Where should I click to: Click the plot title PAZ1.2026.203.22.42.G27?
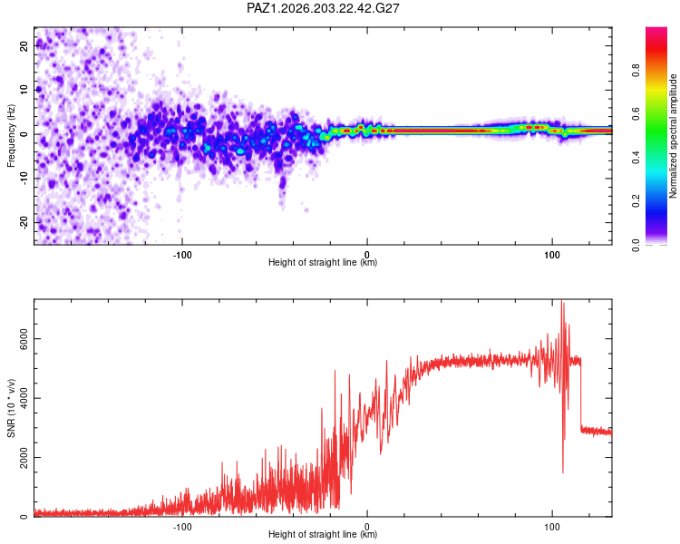pos(323,8)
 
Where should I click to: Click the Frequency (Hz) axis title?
pos(11,136)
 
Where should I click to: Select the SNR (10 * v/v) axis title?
pos(11,408)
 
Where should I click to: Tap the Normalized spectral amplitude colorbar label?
pos(673,136)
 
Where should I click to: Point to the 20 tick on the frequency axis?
pos(24,45)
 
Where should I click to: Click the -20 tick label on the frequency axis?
pos(24,222)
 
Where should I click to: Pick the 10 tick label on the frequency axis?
pos(24,90)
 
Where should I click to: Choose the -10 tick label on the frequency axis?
pos(24,179)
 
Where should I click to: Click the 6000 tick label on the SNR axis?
pos(24,339)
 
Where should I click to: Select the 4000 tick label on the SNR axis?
pos(24,398)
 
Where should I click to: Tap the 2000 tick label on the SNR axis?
pos(24,457)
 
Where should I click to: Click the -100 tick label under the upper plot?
pos(182,255)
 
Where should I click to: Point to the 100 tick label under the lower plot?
pos(552,527)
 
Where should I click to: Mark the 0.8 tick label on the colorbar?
pos(636,71)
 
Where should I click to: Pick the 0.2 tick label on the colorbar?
pos(636,201)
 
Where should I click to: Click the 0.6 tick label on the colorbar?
pos(636,114)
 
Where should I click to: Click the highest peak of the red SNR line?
pos(562,301)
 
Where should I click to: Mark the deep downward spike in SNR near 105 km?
pos(563,472)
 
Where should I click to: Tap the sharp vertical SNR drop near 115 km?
pos(581,393)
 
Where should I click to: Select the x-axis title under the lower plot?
pos(323,534)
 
